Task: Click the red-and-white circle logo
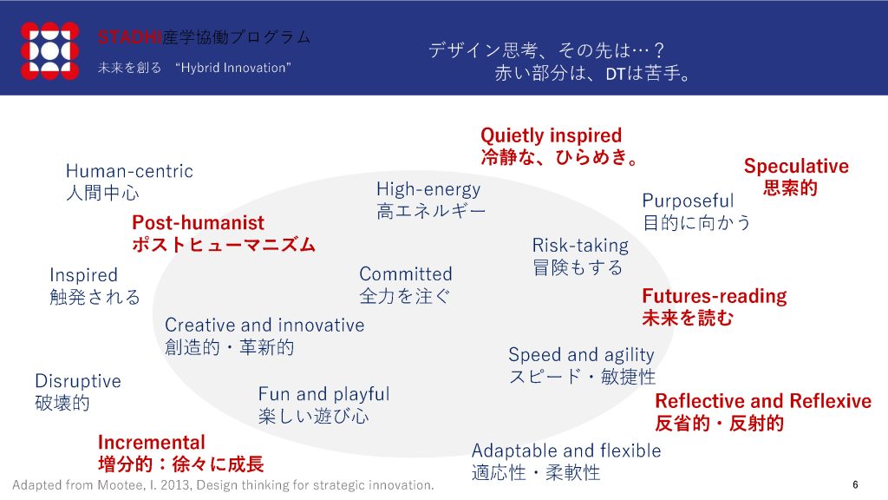[x=49, y=50]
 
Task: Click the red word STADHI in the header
[x=130, y=37]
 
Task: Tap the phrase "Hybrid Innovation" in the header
[x=232, y=68]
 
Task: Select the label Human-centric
[x=129, y=171]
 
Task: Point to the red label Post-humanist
[x=199, y=222]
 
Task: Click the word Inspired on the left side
[x=84, y=275]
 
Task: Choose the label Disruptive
[x=78, y=381]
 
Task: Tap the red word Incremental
[x=151, y=442]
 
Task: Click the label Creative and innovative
[x=264, y=325]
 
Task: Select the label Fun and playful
[x=324, y=394]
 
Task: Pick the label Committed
[x=406, y=273]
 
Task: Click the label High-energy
[x=428, y=189]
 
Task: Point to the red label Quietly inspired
[x=551, y=135]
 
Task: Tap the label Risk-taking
[x=580, y=246]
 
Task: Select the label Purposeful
[x=688, y=201]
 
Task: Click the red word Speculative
[x=796, y=166]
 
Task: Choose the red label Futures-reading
[x=715, y=296]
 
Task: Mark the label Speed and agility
[x=581, y=355]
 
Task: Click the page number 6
[x=855, y=484]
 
